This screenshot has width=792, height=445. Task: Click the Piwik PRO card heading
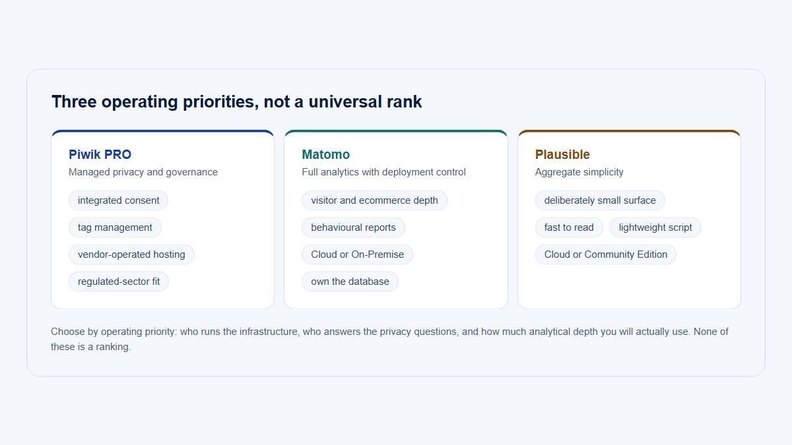(100, 154)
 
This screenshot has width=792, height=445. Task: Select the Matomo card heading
(325, 154)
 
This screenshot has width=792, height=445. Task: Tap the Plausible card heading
(562, 154)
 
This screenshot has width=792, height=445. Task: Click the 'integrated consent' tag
(118, 200)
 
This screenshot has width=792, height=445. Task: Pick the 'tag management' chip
(115, 227)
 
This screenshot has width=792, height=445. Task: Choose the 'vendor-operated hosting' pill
(131, 254)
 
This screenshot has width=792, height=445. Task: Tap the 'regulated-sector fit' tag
(119, 282)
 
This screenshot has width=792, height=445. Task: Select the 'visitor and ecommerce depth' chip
(374, 200)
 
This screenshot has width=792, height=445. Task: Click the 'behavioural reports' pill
(353, 227)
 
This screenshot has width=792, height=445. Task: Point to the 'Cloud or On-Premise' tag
(358, 254)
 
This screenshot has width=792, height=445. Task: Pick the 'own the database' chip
(350, 282)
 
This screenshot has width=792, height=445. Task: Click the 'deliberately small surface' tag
(600, 200)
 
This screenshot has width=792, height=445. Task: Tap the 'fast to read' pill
(569, 227)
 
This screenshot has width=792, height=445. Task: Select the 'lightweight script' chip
(655, 227)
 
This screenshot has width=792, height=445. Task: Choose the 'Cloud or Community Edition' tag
(606, 254)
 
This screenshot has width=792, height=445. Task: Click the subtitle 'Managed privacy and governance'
(143, 172)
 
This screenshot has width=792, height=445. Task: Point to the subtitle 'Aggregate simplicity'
(579, 172)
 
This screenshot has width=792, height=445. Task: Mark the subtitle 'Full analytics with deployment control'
(383, 172)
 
